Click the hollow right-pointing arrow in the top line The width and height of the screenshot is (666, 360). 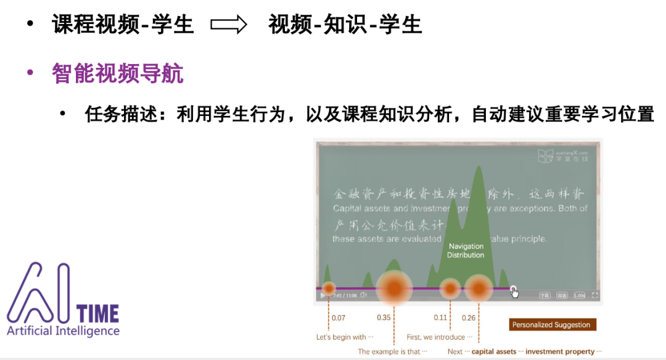tap(229, 25)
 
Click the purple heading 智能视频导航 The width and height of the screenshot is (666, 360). tap(118, 74)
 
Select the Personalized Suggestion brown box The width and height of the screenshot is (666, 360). tap(551, 325)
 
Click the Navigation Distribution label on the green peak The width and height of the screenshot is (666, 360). tap(466, 251)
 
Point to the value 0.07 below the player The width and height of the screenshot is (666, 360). tap(339, 318)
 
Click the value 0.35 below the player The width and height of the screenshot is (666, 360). tap(384, 318)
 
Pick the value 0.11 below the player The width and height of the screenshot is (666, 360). tap(440, 318)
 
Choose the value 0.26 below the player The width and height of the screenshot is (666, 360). tap(469, 318)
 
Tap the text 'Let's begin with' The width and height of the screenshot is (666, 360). tap(342, 337)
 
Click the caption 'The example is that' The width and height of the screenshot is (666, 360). tap(389, 351)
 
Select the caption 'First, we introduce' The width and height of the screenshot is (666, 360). tap(435, 337)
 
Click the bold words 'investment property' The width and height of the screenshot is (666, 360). tap(560, 351)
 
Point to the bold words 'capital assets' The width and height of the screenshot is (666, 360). tap(494, 351)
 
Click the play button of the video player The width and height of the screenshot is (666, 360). tap(323, 296)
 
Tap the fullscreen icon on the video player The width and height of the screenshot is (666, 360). tap(595, 295)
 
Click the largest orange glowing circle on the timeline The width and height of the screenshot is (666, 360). tap(394, 288)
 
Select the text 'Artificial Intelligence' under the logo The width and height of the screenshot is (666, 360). tap(64, 331)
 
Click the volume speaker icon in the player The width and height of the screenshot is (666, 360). tap(363, 295)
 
